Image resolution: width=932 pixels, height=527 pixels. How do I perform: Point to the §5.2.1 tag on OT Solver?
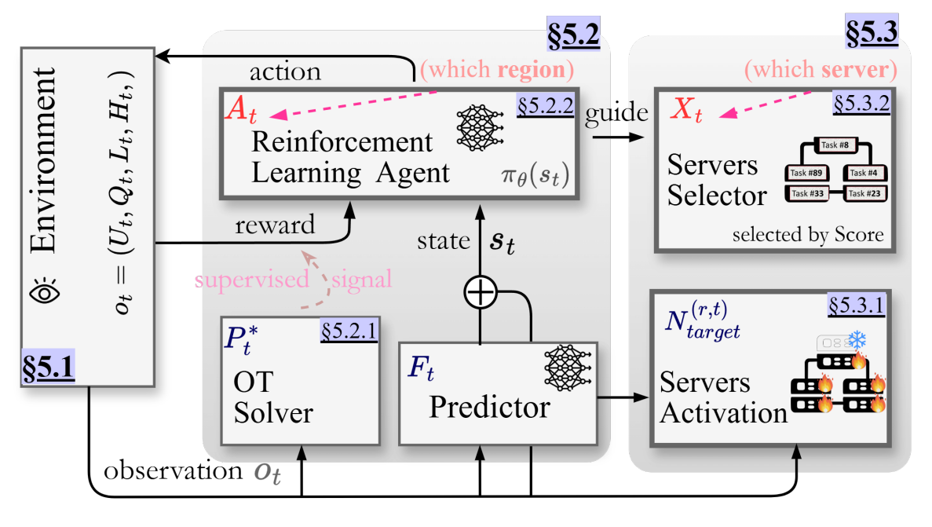pyautogui.click(x=348, y=333)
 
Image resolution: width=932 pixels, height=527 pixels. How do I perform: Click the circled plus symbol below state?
pyautogui.click(x=480, y=294)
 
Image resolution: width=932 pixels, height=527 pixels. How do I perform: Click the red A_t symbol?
pyautogui.click(x=241, y=114)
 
